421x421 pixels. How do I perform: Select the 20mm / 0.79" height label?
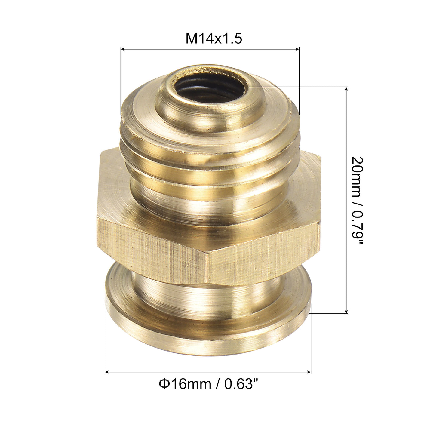click(358, 200)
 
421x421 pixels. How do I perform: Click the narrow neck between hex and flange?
click(207, 286)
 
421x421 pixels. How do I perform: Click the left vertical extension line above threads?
click(121, 81)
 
